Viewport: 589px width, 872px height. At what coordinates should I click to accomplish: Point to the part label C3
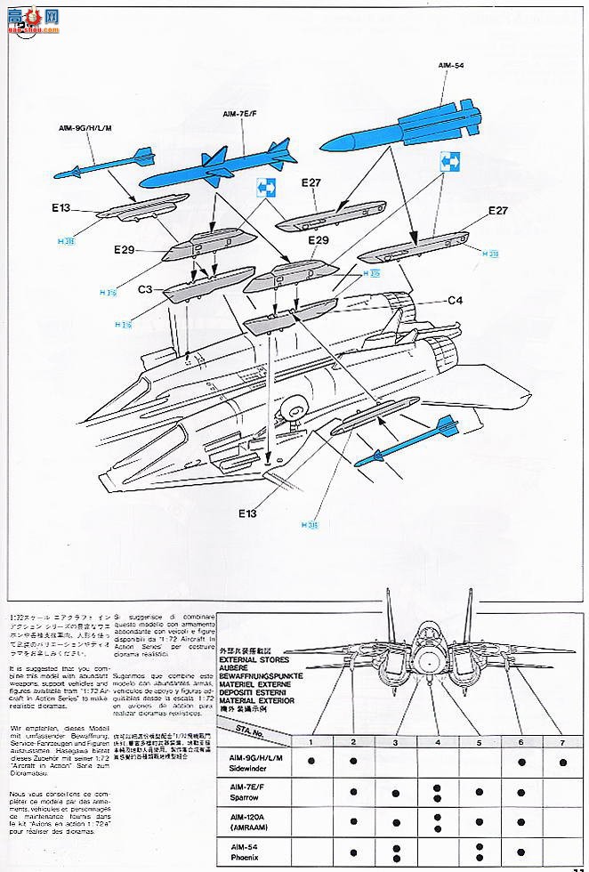point(146,289)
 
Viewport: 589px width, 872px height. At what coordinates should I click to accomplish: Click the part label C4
point(456,300)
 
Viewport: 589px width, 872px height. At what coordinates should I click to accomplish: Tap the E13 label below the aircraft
point(247,513)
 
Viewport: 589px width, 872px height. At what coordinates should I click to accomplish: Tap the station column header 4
point(438,742)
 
